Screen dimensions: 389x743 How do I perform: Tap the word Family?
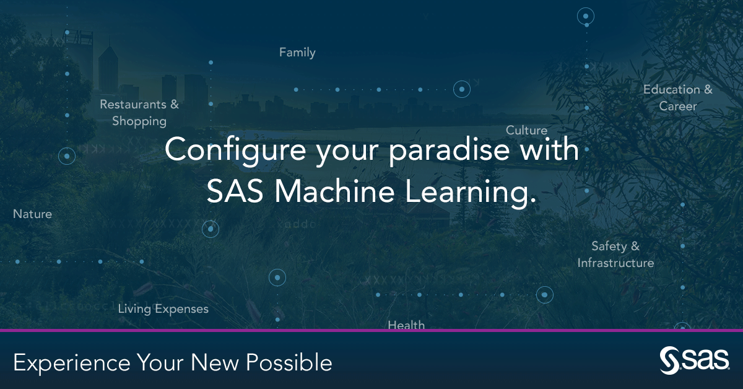click(297, 53)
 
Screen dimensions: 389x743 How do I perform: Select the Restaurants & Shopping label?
click(139, 113)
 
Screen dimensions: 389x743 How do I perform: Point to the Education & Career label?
click(678, 98)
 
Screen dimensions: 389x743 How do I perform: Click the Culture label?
click(526, 130)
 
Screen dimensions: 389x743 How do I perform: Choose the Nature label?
click(33, 214)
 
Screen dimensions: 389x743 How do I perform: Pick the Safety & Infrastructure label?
click(615, 255)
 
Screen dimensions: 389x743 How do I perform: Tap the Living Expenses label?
click(163, 308)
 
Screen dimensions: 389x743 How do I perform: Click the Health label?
click(406, 325)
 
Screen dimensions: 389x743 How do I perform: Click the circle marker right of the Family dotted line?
click(461, 89)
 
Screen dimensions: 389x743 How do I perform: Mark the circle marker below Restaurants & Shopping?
click(67, 155)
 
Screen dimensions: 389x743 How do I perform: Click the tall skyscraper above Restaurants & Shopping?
click(108, 68)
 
